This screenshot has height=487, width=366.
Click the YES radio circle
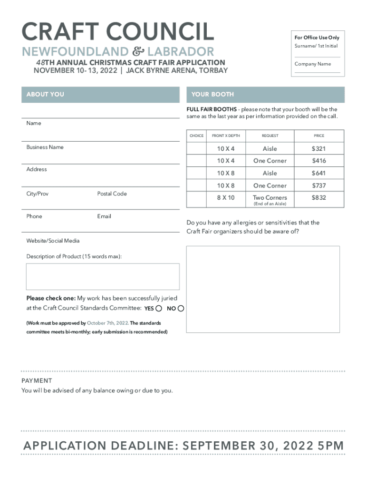[x=159, y=309]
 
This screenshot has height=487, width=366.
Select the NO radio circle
[x=181, y=309]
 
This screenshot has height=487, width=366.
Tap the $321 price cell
[x=318, y=148]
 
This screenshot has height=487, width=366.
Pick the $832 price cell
[x=318, y=198]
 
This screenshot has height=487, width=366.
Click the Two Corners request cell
[x=270, y=198]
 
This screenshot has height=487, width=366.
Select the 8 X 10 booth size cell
[x=226, y=198]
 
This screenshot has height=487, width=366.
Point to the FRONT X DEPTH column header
[x=226, y=136]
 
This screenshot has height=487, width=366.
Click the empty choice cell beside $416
[x=196, y=161]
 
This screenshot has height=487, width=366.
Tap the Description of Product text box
[x=103, y=276]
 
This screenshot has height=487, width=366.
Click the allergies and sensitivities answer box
[x=263, y=289]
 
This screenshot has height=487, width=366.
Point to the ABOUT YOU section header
[x=45, y=95]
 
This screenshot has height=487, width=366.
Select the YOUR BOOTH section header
[x=212, y=95]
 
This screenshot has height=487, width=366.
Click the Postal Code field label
[x=112, y=194]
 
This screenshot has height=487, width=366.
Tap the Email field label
[x=104, y=216]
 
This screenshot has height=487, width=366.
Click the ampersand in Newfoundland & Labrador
[x=138, y=52]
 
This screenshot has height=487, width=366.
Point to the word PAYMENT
[x=37, y=380]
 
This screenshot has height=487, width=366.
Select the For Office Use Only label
[x=317, y=38]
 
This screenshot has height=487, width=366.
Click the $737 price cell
[x=318, y=185]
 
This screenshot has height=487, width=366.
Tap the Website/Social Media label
[x=53, y=241]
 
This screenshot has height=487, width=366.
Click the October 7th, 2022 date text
[x=107, y=323]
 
